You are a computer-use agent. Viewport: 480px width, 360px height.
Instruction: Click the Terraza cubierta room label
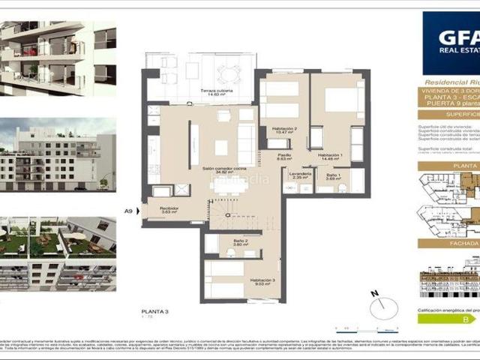pyautogui.click(x=216, y=91)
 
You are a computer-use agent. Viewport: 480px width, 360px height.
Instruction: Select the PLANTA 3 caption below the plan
pyautogui.click(x=154, y=310)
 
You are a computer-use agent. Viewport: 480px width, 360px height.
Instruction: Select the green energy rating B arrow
pyautogui.click(x=448, y=319)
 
